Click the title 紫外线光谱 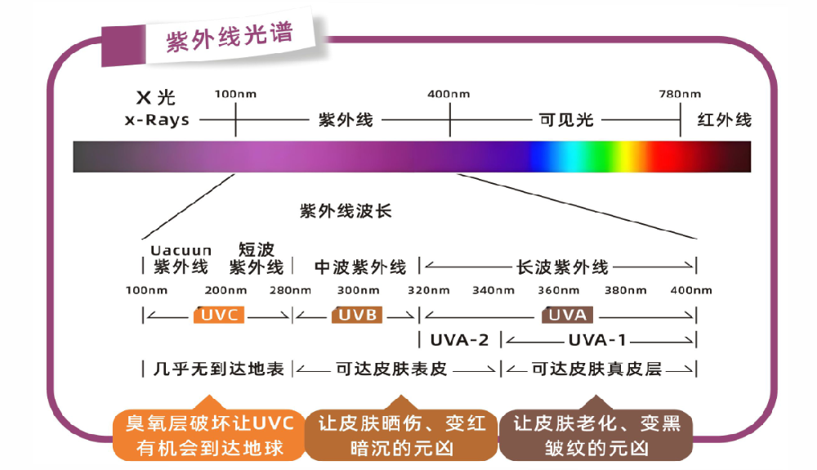[230, 38]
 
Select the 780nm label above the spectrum [680, 94]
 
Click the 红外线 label [725, 120]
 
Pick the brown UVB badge [357, 315]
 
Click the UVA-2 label [459, 340]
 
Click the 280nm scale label [289, 290]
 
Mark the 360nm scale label [558, 290]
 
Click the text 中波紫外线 [360, 266]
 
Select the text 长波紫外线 [563, 266]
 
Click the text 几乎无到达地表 [218, 369]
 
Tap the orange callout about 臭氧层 [210, 436]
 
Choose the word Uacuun [181, 250]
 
